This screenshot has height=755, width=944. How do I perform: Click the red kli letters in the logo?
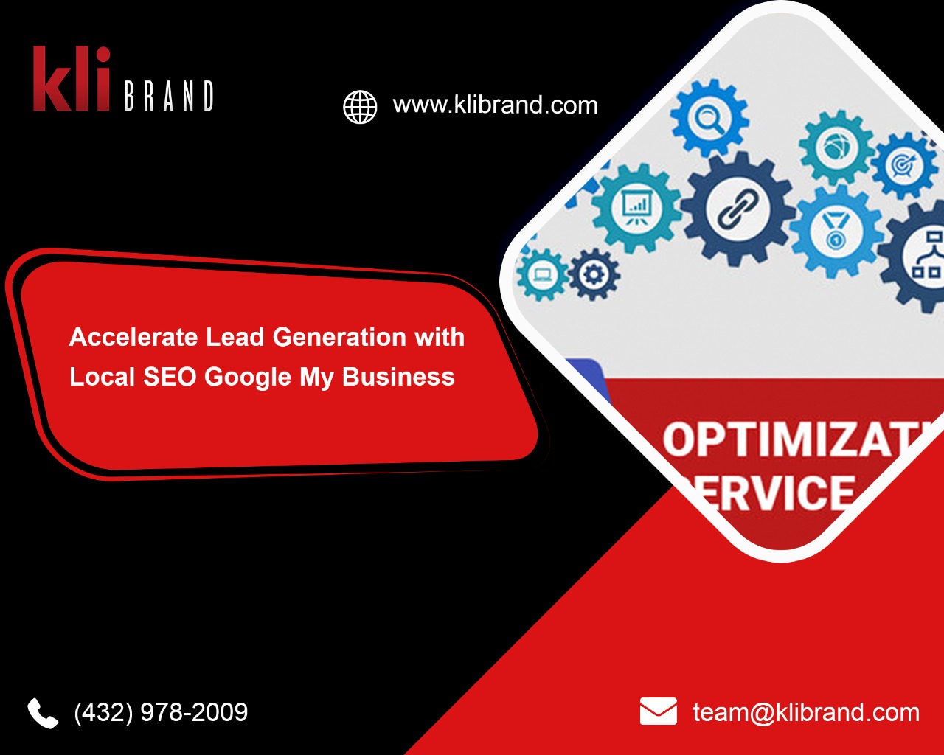72,80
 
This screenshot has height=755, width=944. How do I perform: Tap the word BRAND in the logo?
169,96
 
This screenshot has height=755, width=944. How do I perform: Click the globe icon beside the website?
360,107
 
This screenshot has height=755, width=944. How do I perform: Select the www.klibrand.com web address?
495,105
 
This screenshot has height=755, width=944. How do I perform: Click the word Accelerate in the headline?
133,338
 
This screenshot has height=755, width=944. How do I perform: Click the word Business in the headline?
398,377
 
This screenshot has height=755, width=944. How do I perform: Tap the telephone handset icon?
43,713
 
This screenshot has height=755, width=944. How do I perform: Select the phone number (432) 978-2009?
161,712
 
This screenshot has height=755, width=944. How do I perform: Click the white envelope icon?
658,711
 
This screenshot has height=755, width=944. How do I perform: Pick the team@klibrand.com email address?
806,712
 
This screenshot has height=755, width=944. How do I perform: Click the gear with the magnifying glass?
709,119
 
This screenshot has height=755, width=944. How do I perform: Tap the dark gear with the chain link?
737,208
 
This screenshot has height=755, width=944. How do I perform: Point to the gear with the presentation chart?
636,207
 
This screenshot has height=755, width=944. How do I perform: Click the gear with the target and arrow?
903,165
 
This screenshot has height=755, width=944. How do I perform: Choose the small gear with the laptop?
542,275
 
